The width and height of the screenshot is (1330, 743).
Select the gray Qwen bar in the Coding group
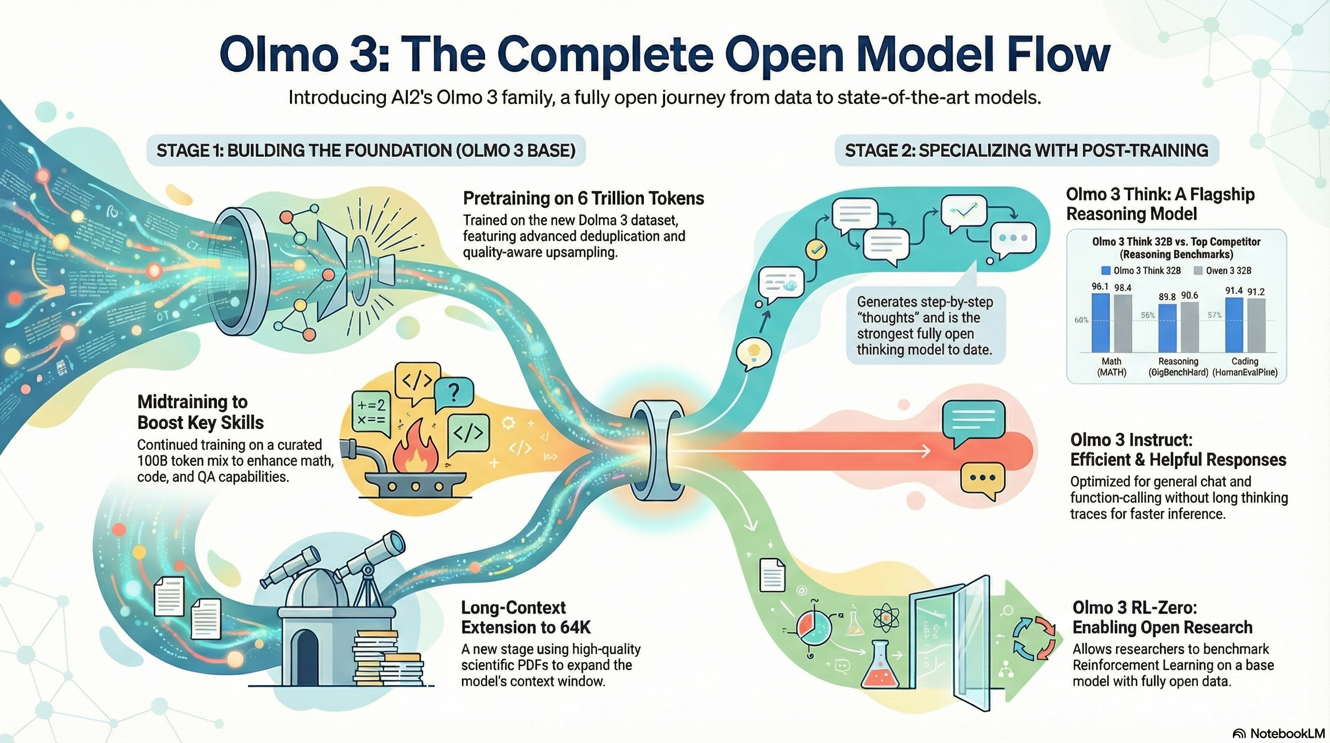pos(1256,325)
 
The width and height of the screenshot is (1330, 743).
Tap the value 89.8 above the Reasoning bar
pos(1167,297)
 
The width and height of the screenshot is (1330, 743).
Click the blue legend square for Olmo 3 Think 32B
pos(1105,271)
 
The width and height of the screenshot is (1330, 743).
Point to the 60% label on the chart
pos(1081,320)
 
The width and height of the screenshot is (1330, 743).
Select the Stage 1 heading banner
pos(365,150)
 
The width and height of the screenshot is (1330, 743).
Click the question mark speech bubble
pos(454,395)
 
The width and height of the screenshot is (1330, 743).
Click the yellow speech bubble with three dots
pos(983,479)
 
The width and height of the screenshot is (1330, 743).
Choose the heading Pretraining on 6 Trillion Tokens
pos(583,198)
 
